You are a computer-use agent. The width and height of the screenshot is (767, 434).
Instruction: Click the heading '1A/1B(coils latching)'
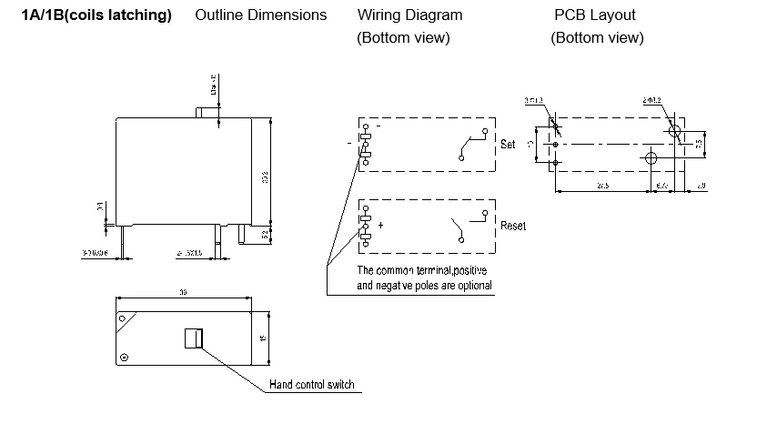click(x=96, y=15)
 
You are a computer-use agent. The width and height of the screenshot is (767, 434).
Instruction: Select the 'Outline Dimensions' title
click(x=260, y=15)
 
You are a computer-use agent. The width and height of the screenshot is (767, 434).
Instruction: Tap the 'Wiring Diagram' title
click(x=409, y=15)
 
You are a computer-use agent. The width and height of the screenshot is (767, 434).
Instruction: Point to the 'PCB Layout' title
click(x=595, y=15)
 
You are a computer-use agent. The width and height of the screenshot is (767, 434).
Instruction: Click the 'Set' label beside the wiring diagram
click(x=508, y=145)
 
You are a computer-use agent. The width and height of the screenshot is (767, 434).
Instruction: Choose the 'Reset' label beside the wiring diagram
click(x=512, y=226)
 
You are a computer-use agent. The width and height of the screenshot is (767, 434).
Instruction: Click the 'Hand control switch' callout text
click(x=311, y=384)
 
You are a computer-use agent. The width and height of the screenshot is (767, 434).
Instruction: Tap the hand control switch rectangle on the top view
click(x=192, y=338)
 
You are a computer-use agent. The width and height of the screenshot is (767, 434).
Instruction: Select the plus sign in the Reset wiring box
click(x=380, y=224)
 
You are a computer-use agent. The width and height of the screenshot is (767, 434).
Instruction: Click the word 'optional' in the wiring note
click(x=470, y=286)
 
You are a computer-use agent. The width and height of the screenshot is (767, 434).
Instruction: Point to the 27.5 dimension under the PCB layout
click(x=602, y=186)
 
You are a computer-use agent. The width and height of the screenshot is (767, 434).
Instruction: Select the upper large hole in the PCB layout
click(x=675, y=133)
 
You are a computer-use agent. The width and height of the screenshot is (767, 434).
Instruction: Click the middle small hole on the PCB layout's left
click(x=555, y=144)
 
